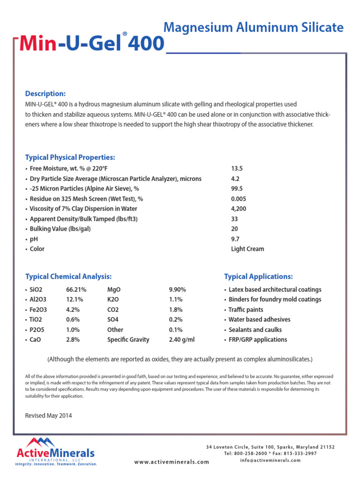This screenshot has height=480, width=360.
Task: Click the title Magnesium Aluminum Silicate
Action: click(253, 28)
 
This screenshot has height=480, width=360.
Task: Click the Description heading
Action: click(45, 93)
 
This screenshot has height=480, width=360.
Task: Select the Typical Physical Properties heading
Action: click(70, 157)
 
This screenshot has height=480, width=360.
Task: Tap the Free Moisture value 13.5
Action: click(237, 168)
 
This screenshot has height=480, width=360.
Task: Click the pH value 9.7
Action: click(235, 239)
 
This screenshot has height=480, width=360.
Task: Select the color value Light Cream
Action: click(247, 249)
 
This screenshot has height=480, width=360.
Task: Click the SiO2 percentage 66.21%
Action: click(76, 290)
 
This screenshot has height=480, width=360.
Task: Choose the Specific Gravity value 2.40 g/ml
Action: click(181, 339)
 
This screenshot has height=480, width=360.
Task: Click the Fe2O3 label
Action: click(38, 310)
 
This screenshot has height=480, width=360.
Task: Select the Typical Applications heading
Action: click(258, 277)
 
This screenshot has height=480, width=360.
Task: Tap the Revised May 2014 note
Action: click(48, 415)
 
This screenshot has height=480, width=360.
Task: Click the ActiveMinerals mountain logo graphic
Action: click(41, 442)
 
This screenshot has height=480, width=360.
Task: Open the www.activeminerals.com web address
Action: click(172, 462)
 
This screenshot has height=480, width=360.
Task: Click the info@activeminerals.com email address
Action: click(270, 460)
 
